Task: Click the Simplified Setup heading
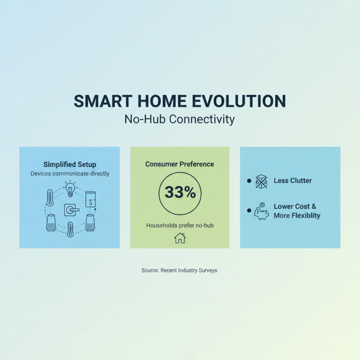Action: click(70, 165)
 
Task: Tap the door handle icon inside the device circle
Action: click(71, 210)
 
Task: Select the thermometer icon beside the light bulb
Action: click(50, 198)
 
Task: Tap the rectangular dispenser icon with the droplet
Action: click(91, 198)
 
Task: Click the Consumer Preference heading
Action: click(180, 164)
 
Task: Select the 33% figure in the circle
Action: click(180, 193)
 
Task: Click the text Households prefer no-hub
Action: click(180, 225)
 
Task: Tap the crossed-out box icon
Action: click(261, 181)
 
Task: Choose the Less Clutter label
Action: click(292, 181)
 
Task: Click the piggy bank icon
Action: click(261, 212)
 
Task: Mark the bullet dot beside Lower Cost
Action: click(248, 210)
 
